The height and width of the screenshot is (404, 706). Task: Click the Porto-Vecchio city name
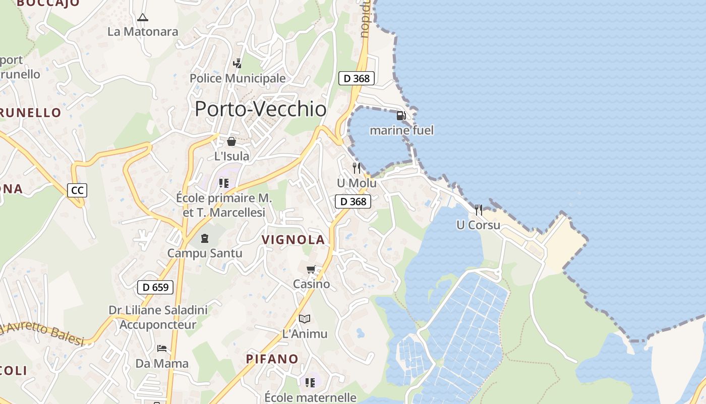[260, 109]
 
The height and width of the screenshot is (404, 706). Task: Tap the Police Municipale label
[238, 79]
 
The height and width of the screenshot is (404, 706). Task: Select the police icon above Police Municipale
[237, 64]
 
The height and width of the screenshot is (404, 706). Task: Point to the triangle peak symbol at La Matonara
[143, 18]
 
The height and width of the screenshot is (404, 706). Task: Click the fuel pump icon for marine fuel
[401, 116]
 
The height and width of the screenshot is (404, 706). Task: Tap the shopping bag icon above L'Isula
[231, 141]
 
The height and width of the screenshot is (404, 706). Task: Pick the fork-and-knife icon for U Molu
[357, 168]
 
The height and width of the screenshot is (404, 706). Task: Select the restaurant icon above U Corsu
[479, 210]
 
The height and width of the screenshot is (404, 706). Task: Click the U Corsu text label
[478, 225]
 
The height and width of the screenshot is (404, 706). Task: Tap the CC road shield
[77, 190]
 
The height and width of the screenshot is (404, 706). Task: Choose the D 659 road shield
[155, 287]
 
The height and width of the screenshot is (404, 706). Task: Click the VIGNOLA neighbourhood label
[293, 240]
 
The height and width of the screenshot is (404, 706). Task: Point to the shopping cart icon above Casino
[311, 270]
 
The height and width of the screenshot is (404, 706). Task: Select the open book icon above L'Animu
[305, 319]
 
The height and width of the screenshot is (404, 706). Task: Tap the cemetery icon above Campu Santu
[205, 238]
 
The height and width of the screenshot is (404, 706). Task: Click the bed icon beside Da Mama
[161, 348]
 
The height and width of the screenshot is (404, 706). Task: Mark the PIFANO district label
[272, 359]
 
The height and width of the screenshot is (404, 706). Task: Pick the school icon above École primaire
[224, 183]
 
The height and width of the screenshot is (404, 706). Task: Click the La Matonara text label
[143, 32]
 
